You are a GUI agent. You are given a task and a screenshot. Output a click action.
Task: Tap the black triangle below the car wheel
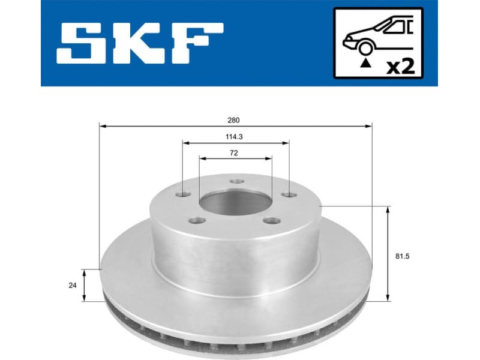[364, 62]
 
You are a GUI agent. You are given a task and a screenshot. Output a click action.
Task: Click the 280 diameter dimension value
[233, 119]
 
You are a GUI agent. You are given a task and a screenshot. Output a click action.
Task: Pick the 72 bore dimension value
[234, 153]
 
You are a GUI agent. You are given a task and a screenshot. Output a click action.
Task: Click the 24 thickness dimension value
[73, 286]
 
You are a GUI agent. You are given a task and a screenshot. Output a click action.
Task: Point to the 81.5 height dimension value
[410, 256]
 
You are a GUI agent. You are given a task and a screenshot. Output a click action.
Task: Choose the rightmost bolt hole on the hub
[290, 194]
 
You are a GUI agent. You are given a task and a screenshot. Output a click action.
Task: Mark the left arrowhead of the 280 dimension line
[103, 126]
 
